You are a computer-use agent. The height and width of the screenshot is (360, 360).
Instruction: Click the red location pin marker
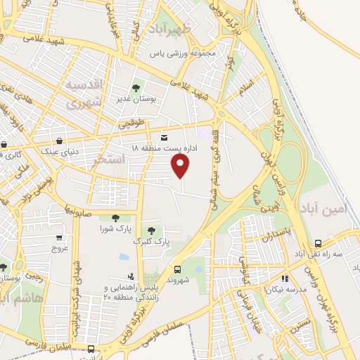click(181, 166)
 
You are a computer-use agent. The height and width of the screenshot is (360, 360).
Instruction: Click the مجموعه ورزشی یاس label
click(185, 53)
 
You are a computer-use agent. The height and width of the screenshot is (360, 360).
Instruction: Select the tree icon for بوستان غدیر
click(136, 87)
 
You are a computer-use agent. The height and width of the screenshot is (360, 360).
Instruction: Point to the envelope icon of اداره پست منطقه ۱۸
click(165, 137)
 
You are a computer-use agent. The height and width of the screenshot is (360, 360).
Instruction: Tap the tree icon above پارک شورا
click(115, 218)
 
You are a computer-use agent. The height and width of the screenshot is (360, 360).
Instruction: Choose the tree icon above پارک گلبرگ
click(151, 231)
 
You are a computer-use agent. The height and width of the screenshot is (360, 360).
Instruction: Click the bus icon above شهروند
click(176, 269)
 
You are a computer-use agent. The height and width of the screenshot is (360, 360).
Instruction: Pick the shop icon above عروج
click(59, 238)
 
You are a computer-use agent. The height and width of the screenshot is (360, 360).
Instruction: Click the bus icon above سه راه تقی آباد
click(318, 243)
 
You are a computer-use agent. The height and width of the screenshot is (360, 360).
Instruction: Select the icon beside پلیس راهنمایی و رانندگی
click(130, 276)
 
